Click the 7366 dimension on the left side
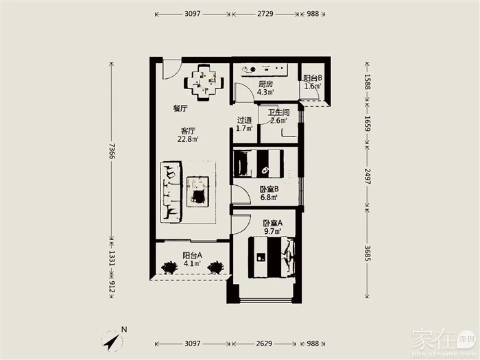[111, 151]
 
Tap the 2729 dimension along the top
[265, 14]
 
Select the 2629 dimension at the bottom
[264, 344]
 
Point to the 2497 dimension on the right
[367, 176]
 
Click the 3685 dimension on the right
[367, 253]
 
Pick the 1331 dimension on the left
[111, 259]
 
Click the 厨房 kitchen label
[265, 84]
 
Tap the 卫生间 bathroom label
[278, 112]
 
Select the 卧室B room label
[269, 189]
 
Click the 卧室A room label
[272, 223]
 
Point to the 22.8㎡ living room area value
[188, 139]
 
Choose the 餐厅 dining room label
[180, 108]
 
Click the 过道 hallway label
[244, 120]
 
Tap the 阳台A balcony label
[192, 255]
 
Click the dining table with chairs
[204, 82]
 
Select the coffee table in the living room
[198, 191]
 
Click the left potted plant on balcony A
[169, 267]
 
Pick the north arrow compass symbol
[112, 341]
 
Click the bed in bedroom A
[272, 257]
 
